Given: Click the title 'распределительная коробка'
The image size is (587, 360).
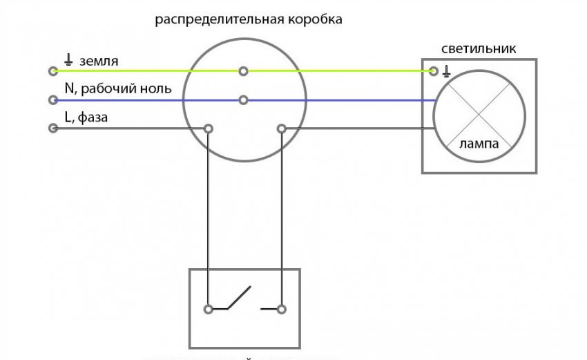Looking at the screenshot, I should (249, 19).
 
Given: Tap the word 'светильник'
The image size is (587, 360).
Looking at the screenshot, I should (479, 49).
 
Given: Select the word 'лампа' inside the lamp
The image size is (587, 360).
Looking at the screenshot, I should (479, 144).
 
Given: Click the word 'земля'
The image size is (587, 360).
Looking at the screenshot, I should (99, 61).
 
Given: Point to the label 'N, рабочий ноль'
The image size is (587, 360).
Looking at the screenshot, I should (117, 89).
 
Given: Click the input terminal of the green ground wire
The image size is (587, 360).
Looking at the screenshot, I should (52, 71).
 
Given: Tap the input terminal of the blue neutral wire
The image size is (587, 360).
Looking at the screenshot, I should (52, 100).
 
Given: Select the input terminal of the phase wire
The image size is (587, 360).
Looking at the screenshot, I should (52, 128).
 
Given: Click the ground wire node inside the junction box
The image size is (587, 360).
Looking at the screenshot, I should (243, 71).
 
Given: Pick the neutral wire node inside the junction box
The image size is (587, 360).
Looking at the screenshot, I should (243, 100).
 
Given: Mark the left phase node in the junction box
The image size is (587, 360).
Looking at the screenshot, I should (208, 128).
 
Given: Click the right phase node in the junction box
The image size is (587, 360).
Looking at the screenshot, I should (280, 128).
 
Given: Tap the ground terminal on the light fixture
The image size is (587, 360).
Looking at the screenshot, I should (434, 71).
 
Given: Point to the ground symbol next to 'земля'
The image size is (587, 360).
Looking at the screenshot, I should (68, 60).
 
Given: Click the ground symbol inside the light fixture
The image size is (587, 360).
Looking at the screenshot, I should (447, 70).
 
